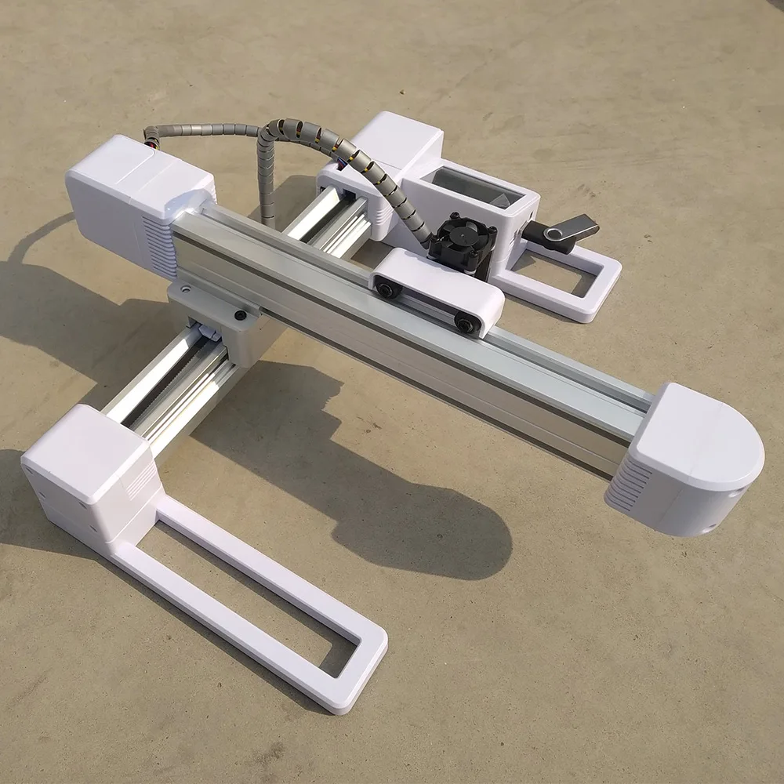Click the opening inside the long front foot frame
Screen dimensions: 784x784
[x=259, y=596]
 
